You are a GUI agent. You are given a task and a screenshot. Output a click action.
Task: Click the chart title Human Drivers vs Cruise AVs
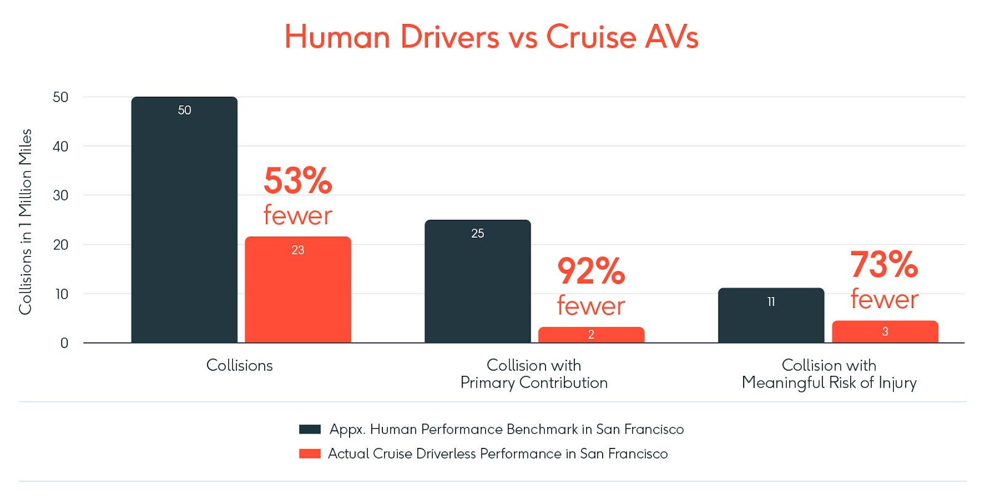[x=491, y=37]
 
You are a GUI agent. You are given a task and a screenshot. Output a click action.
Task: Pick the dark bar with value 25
[x=478, y=282]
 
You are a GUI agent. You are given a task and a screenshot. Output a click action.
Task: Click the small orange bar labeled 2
[x=591, y=335]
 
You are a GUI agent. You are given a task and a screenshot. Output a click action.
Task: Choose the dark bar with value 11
[x=771, y=315]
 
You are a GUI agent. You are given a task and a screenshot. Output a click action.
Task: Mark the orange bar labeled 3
[x=885, y=331]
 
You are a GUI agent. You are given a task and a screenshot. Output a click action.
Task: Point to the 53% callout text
[x=298, y=181]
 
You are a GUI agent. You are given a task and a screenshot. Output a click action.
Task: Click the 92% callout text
[x=591, y=271]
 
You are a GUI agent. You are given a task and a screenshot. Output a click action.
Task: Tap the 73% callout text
[x=884, y=264]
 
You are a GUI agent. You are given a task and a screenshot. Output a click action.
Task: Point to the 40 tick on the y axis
[x=60, y=147]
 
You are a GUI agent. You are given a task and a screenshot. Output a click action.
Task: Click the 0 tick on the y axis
[x=64, y=343]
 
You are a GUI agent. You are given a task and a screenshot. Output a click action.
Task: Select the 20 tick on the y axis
[x=60, y=245]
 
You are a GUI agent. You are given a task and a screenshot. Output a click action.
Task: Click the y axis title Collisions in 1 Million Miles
[x=25, y=222]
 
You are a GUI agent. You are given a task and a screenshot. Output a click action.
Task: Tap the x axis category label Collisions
[x=239, y=365]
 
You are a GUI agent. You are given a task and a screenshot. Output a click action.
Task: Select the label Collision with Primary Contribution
[x=534, y=374]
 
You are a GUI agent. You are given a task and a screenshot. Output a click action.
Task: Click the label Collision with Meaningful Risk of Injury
[x=829, y=374]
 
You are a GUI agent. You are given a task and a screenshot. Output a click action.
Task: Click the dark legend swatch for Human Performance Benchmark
[x=310, y=429]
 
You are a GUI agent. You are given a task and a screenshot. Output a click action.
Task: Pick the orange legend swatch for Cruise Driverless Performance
[x=310, y=454]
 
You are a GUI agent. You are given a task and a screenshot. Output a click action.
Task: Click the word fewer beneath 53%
[x=298, y=216]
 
